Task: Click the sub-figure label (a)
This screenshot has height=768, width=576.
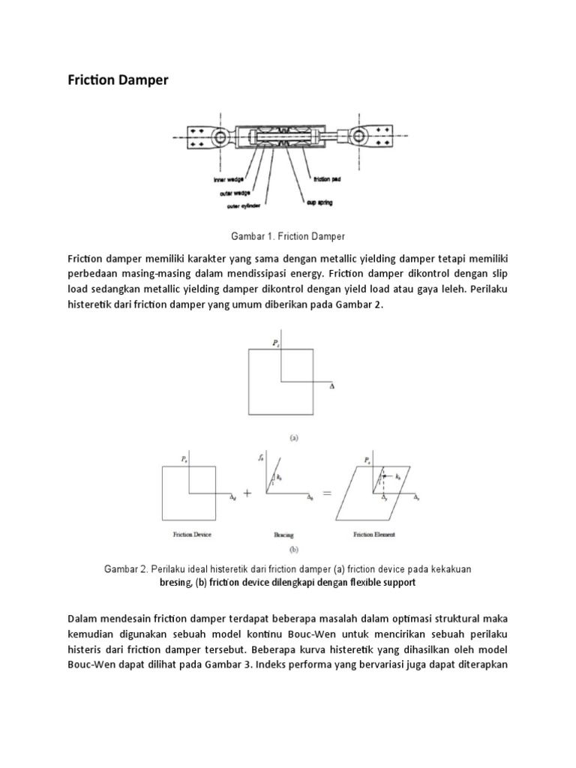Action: tap(288, 433)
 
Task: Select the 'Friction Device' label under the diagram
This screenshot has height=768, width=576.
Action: tap(190, 535)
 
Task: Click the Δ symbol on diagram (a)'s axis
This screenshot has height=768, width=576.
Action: tap(332, 386)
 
